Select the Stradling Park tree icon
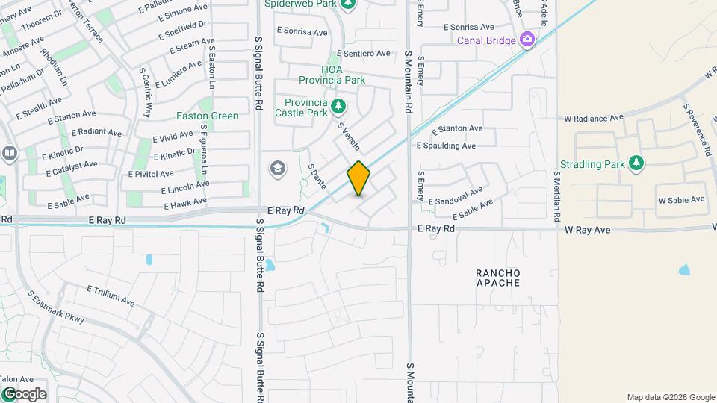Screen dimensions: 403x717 [636, 163]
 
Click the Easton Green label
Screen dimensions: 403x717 [207, 116]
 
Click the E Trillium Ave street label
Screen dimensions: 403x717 [111, 296]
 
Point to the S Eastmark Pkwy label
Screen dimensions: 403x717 [56, 307]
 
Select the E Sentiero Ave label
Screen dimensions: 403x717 [364, 54]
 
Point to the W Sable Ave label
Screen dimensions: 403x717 [681, 200]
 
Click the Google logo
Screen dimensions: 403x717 [24, 393]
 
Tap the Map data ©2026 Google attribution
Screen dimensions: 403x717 [670, 397]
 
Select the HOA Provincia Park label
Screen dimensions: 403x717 [332, 75]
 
